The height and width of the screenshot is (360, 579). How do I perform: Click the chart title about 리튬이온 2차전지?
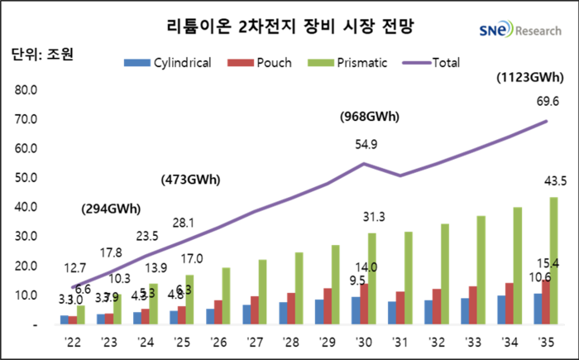tap(289, 26)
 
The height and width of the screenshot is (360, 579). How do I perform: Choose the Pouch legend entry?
tap(261, 62)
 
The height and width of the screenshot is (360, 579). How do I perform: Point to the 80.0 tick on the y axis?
tap(26, 90)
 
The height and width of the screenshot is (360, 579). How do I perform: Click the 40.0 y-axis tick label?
tap(26, 207)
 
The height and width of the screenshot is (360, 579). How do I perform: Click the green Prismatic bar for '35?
tap(553, 261)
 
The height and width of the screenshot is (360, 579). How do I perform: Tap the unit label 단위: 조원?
tap(42, 55)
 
